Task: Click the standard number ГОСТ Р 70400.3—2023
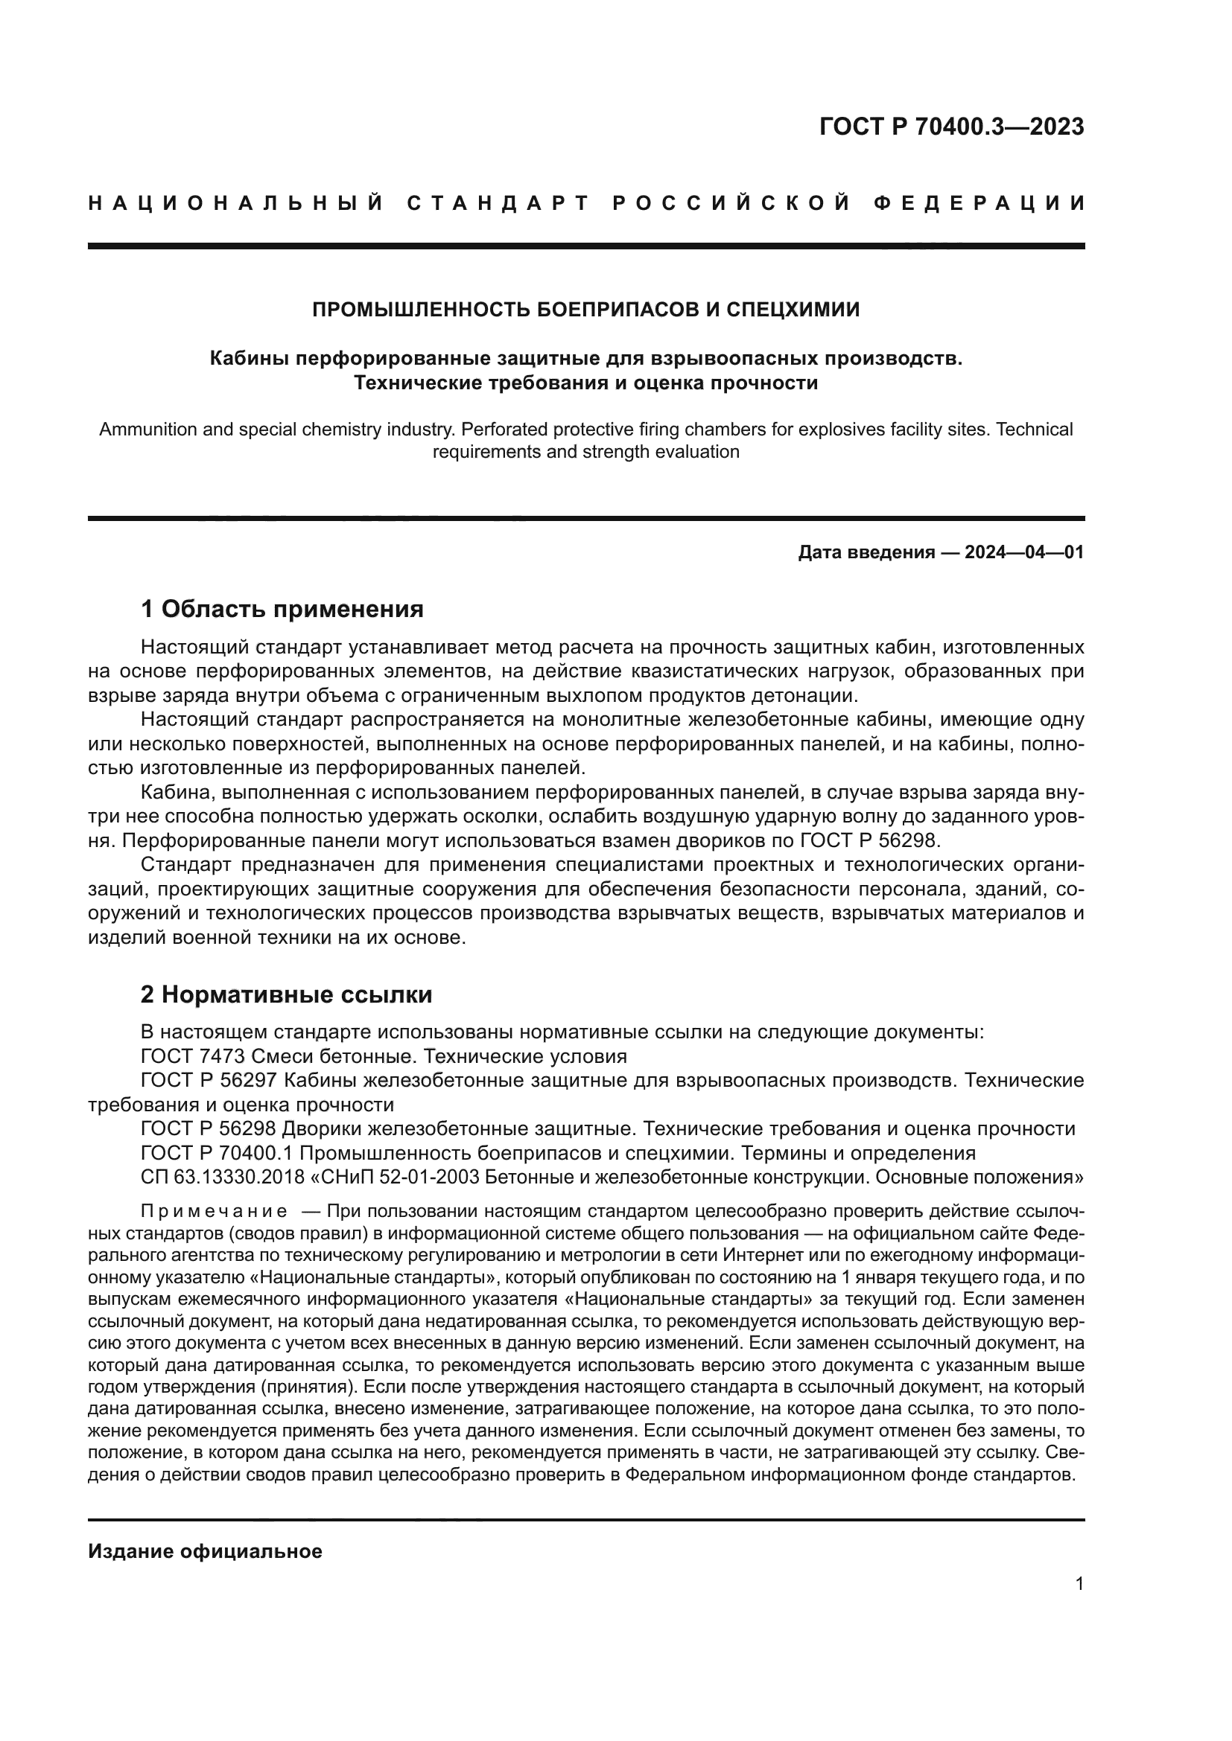pyautogui.click(x=951, y=127)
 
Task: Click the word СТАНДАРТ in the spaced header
pyautogui.click(x=498, y=203)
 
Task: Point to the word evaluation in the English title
pyautogui.click(x=699, y=452)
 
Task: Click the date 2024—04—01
pyautogui.click(x=1024, y=552)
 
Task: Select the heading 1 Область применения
pyautogui.click(x=282, y=608)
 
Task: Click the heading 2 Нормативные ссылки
pyautogui.click(x=286, y=994)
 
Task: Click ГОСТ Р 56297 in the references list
pyautogui.click(x=209, y=1080)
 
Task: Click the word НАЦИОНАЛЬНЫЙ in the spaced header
pyautogui.click(x=236, y=203)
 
